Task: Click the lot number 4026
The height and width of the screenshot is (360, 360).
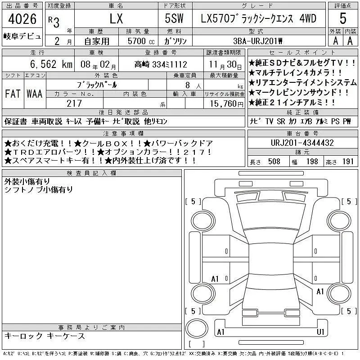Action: (x=22, y=19)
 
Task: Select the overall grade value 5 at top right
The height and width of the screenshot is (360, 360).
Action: (x=343, y=18)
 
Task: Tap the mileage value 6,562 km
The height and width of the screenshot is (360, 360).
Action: (x=51, y=64)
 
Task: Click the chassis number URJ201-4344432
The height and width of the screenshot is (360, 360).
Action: (x=302, y=143)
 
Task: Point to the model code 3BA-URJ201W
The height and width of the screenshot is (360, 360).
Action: (x=257, y=41)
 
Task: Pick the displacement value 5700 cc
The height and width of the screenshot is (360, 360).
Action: (x=141, y=41)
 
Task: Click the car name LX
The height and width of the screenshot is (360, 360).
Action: (x=116, y=19)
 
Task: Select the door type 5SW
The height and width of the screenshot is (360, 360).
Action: (x=174, y=18)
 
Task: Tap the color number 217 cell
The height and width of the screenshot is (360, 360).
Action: (x=74, y=103)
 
